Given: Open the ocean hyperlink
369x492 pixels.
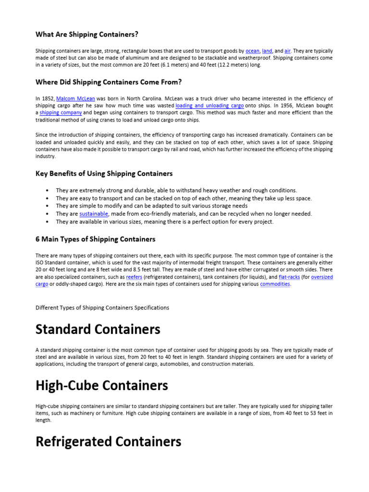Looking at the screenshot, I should [252, 50].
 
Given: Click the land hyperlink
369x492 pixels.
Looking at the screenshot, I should [267, 50].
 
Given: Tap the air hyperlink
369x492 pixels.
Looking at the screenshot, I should [288, 50].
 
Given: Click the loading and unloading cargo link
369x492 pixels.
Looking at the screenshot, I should [209, 105].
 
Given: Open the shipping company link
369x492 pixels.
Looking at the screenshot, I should [61, 112].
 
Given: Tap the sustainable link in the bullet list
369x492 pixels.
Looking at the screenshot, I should [94, 214].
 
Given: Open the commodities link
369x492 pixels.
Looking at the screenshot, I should [275, 284].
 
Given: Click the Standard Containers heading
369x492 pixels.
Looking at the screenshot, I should [98, 330].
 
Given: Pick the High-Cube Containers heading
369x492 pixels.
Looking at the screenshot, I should [102, 385].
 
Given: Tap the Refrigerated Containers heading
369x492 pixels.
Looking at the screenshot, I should [109, 442].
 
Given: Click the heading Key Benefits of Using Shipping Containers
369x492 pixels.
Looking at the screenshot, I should [104, 173].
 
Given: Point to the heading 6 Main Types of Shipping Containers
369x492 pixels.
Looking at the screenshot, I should [96, 239].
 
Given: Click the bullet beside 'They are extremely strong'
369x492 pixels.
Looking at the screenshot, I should [47, 190].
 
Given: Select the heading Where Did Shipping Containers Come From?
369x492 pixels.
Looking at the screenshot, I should [109, 82].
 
